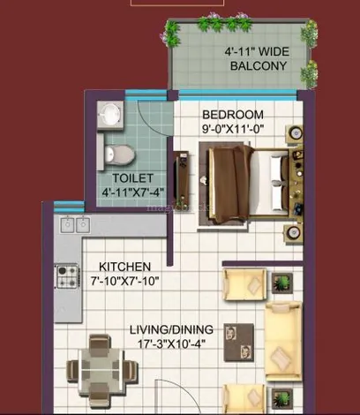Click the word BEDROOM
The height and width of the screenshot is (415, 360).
click(233, 115)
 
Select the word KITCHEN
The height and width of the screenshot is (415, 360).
click(124, 267)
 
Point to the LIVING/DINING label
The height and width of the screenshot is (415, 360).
click(172, 329)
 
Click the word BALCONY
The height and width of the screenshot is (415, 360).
click(259, 65)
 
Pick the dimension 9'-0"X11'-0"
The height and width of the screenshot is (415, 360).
click(233, 129)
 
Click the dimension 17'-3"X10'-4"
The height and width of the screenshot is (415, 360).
click(172, 343)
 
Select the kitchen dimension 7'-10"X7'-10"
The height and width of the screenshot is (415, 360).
click(124, 281)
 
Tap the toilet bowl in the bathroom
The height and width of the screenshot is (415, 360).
click(119, 155)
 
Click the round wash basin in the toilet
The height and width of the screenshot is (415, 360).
click(110, 115)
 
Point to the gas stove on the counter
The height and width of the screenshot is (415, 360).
click(68, 276)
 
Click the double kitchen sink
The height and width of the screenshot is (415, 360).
click(75, 225)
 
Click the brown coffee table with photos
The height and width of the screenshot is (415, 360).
click(239, 343)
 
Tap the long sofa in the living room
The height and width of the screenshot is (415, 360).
click(283, 341)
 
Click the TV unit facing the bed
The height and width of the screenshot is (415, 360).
click(181, 177)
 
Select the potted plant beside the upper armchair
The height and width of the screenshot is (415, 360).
click(282, 283)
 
